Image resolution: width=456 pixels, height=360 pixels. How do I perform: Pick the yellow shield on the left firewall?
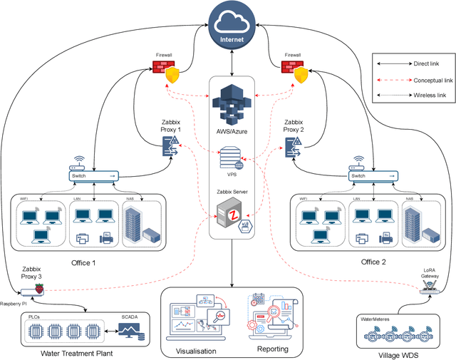click(x=172, y=76)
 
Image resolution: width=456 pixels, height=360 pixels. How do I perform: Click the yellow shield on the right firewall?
click(x=302, y=76)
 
